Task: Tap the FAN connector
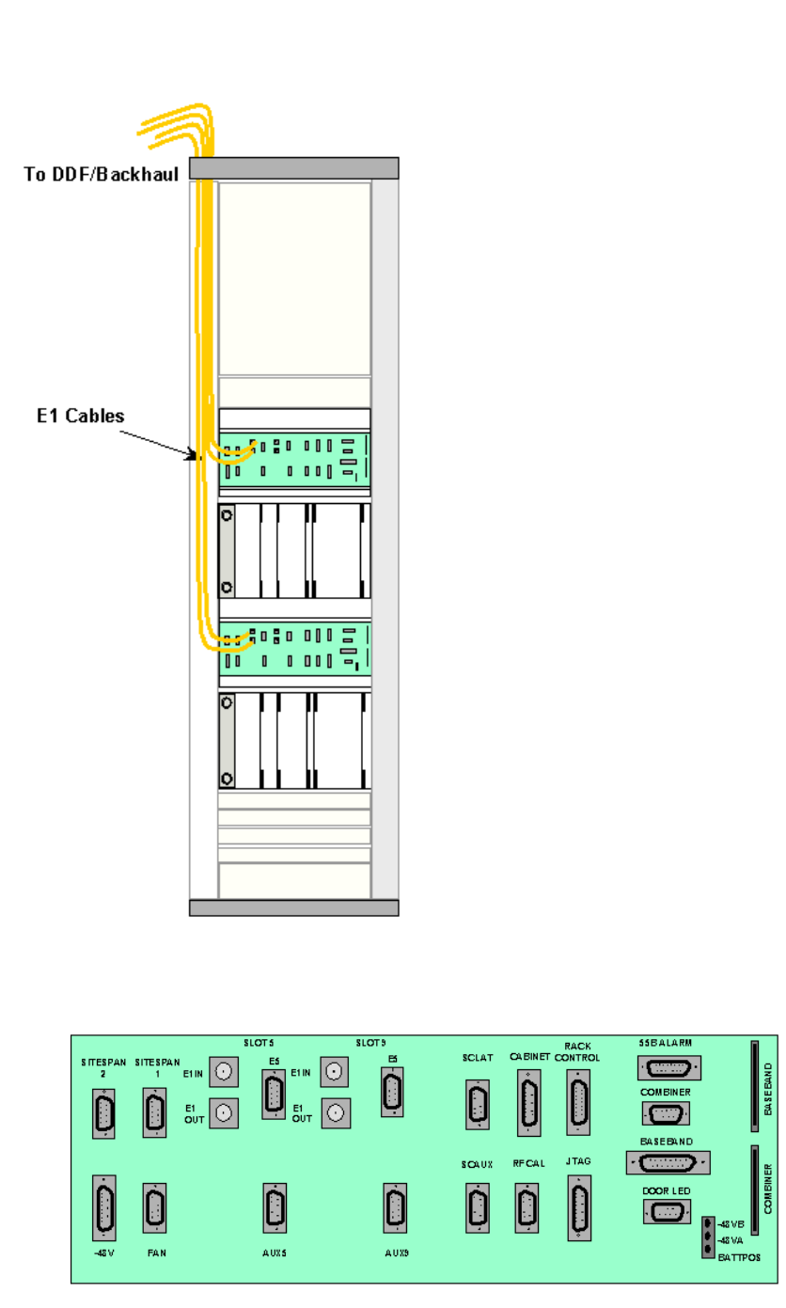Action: tap(154, 1208)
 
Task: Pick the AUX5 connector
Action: tap(275, 1208)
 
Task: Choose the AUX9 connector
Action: tap(395, 1208)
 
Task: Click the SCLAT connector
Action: tap(478, 1105)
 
